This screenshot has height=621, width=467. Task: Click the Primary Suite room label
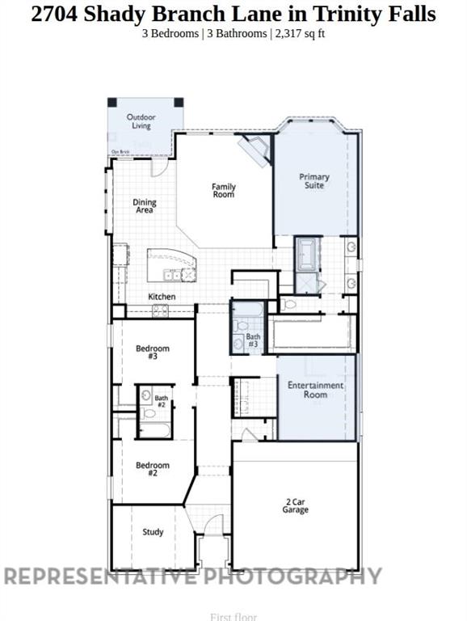313,181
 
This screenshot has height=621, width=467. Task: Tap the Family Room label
224,191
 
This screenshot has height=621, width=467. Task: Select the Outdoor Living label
141,121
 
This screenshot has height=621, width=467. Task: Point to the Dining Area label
145,206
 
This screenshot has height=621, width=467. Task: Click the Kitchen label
162,297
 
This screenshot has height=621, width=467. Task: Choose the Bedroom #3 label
152,353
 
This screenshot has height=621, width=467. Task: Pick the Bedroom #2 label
152,469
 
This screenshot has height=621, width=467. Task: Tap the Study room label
153,532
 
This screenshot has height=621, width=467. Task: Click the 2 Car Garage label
295,506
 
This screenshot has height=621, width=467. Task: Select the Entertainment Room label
315,390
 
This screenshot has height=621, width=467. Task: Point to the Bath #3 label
253,340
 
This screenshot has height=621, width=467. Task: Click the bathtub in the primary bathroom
307,254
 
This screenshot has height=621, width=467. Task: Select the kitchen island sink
172,275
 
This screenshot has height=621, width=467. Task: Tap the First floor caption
233,617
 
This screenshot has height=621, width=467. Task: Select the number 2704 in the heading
54,14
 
